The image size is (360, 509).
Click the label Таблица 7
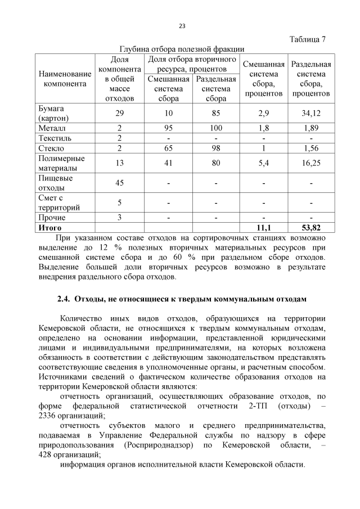pyautogui.click(x=307, y=39)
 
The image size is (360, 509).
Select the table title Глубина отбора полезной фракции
pyautogui.click(x=182, y=49)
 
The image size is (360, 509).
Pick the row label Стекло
pyautogui.click(x=51, y=148)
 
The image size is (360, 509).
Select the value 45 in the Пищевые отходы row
pyautogui.click(x=119, y=183)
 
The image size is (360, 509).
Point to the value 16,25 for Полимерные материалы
pyautogui.click(x=310, y=163)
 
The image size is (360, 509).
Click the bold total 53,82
pyautogui.click(x=310, y=227)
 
